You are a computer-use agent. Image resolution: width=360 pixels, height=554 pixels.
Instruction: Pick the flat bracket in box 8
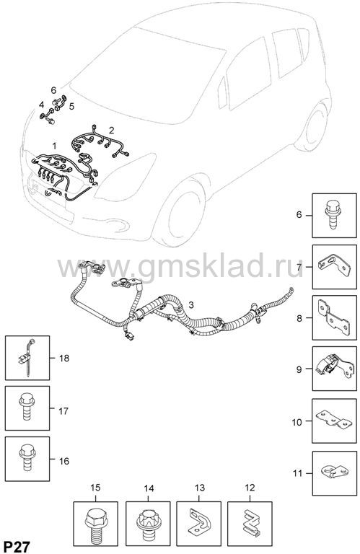tap(334, 317)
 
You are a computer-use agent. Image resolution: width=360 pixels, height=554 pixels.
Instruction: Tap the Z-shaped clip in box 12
tap(250, 522)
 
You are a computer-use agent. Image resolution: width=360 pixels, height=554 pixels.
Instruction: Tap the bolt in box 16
tap(27, 457)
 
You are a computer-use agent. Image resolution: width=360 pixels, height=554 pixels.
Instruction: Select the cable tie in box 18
tap(27, 357)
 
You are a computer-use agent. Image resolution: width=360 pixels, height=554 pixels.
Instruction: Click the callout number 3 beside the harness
tap(191, 304)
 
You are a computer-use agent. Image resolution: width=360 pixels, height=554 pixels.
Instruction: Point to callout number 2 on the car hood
tap(112, 131)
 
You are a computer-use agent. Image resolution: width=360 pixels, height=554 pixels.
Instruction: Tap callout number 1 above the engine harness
tap(54, 146)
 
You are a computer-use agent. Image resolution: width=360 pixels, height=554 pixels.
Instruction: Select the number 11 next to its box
tap(298, 473)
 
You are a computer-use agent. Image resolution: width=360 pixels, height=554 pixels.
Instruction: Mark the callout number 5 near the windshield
tap(71, 106)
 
